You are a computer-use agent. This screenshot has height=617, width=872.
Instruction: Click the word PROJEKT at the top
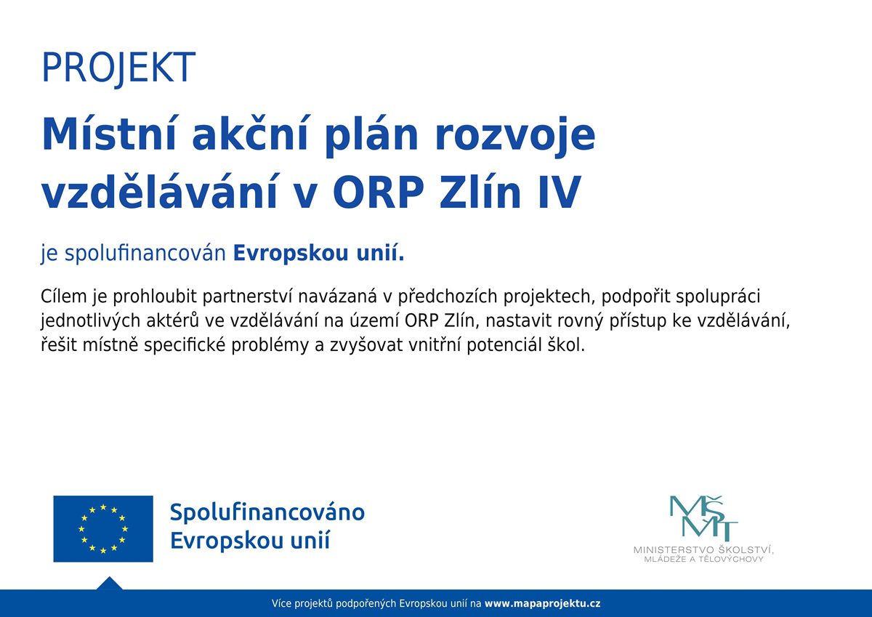point(118,68)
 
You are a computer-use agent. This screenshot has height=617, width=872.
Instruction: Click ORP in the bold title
point(377,195)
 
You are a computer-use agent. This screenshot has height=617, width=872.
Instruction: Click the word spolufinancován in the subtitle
point(147,255)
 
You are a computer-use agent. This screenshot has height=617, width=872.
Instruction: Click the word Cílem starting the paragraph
point(64,297)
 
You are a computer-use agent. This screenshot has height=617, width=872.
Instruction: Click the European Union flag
point(103,528)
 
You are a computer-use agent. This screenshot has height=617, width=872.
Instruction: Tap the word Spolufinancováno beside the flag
point(267,512)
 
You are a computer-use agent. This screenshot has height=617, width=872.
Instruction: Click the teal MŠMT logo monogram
point(703,518)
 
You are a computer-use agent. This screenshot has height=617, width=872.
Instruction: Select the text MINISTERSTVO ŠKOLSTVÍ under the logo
point(703,550)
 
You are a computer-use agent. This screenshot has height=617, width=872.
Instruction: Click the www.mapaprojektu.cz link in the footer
point(542,604)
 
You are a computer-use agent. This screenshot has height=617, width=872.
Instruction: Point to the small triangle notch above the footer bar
point(109,584)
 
